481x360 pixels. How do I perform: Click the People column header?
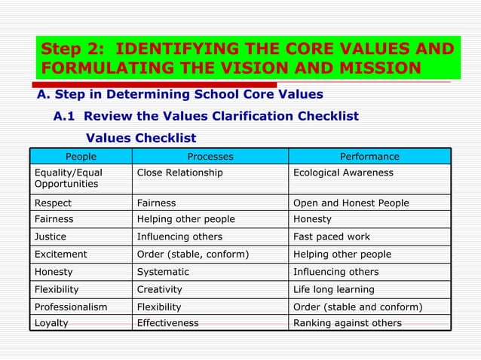click(81, 157)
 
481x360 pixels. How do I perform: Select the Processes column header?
click(210, 157)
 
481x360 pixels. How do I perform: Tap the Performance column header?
click(369, 157)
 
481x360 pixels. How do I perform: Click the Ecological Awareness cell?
click(343, 172)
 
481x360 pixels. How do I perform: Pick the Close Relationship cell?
click(179, 172)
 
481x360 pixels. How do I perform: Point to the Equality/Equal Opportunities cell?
click(69, 178)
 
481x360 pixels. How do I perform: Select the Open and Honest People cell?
click(351, 203)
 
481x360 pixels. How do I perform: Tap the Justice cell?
click(51, 236)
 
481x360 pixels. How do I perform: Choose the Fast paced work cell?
click(332, 236)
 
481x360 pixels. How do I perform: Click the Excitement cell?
click(61, 254)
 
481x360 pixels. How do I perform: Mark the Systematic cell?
click(163, 271)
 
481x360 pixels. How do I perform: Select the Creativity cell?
click(160, 289)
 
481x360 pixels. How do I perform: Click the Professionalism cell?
click(71, 307)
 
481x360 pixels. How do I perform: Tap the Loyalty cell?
click(51, 323)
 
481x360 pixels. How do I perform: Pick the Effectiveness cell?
click(167, 323)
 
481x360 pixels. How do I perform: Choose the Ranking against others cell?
click(348, 323)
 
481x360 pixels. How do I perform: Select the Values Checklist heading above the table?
click(141, 138)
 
